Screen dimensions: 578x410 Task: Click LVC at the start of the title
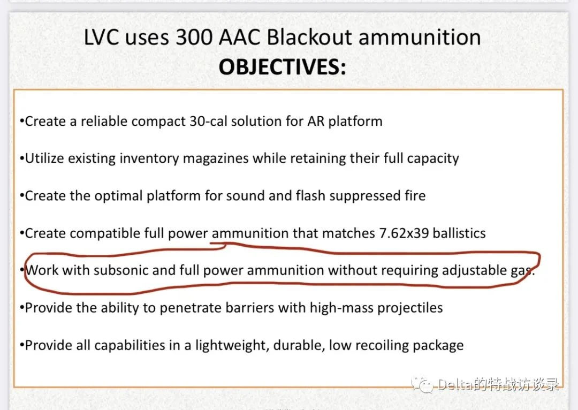101,37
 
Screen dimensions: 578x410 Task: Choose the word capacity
433,159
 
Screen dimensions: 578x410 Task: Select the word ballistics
459,233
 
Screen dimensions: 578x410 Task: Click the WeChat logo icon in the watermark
422,385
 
